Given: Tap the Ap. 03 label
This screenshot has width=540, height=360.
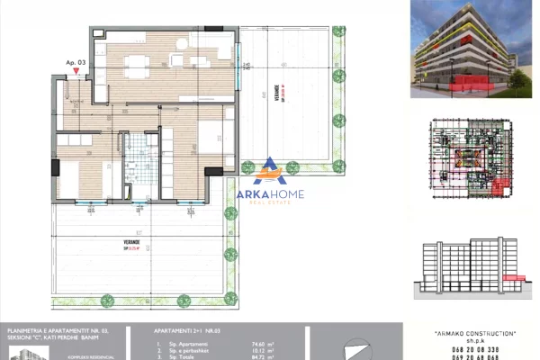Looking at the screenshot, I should pos(76,63).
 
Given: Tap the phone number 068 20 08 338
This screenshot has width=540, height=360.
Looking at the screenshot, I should pos(473,349).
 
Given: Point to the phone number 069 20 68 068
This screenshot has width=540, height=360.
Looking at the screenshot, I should pos(473,357).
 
